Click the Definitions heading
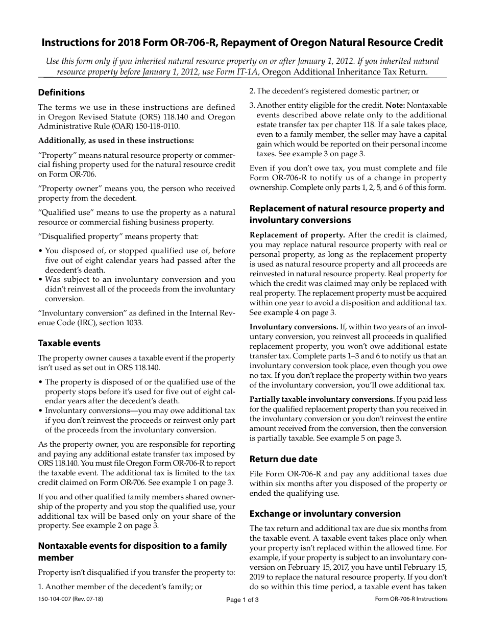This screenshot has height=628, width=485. [x=61, y=92]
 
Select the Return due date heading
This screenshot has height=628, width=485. [x=283, y=458]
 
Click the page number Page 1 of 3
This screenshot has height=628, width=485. [x=243, y=600]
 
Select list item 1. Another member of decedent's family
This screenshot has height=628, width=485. [x=120, y=587]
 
